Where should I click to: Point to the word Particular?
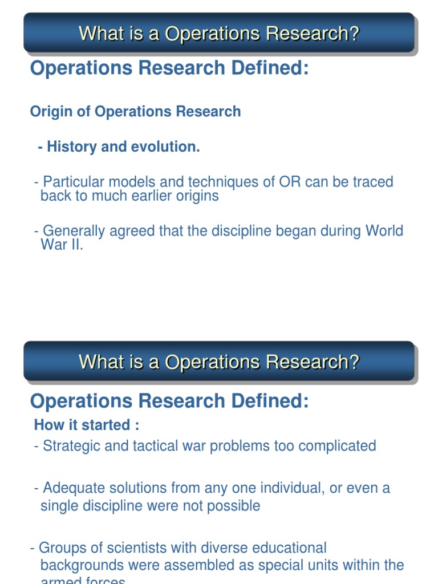71,182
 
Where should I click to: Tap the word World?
384,231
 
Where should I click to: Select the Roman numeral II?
76,246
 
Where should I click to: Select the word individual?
292,488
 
